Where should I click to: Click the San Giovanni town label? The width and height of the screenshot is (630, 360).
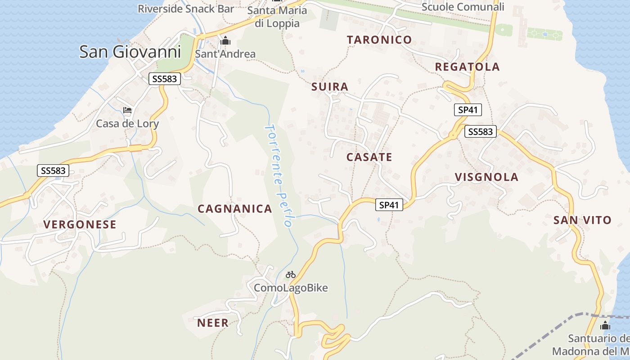(x=130, y=52)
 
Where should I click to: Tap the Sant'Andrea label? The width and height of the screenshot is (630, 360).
(x=225, y=54)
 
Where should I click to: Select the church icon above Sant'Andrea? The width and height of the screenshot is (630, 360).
(x=225, y=41)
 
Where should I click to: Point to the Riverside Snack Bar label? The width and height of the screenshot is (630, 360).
(x=186, y=9)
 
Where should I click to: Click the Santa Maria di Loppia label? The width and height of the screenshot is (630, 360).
(x=277, y=17)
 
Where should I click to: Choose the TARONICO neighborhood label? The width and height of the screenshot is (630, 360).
(x=379, y=40)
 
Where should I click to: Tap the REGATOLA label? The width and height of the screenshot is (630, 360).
(x=467, y=67)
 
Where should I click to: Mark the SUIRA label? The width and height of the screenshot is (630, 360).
(x=330, y=87)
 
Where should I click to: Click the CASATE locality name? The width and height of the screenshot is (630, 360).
(x=369, y=157)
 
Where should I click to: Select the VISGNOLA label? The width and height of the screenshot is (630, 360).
(x=486, y=177)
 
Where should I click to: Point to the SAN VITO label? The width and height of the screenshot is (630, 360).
(x=582, y=220)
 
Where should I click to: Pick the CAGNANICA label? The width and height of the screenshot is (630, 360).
(x=235, y=209)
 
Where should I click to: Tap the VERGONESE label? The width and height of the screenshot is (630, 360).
(x=80, y=225)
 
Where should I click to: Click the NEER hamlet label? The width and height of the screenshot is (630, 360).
(x=213, y=323)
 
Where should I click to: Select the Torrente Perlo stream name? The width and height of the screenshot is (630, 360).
(x=279, y=175)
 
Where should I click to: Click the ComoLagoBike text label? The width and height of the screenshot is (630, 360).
(x=291, y=288)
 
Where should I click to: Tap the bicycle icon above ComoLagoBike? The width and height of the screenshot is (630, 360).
(x=291, y=274)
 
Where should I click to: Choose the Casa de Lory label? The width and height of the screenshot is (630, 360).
(x=127, y=123)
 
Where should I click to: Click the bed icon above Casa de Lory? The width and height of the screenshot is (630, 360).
(x=127, y=110)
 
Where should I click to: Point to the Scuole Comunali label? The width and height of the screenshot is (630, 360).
(x=463, y=7)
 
